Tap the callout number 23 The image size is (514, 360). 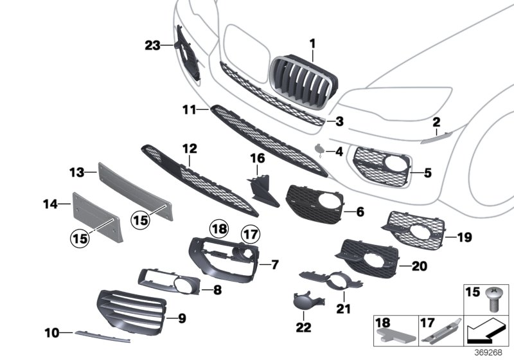[x=152, y=45]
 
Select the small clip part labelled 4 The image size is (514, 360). [x=319, y=150]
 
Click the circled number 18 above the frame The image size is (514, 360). [x=219, y=228]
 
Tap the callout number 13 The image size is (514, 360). [x=77, y=172]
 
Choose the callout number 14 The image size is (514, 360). [x=49, y=204]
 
